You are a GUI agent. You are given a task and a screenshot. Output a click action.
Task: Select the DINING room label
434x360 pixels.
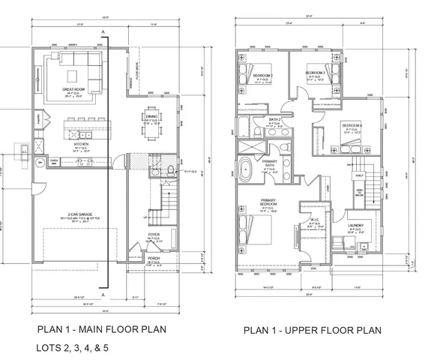click(x=151, y=116)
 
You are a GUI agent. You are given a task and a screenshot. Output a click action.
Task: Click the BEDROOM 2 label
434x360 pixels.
click(x=261, y=76)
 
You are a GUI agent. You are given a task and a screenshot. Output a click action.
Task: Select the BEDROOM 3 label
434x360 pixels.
click(x=316, y=73)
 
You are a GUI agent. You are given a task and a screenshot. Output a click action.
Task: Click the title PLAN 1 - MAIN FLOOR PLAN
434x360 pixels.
click(x=100, y=328)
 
